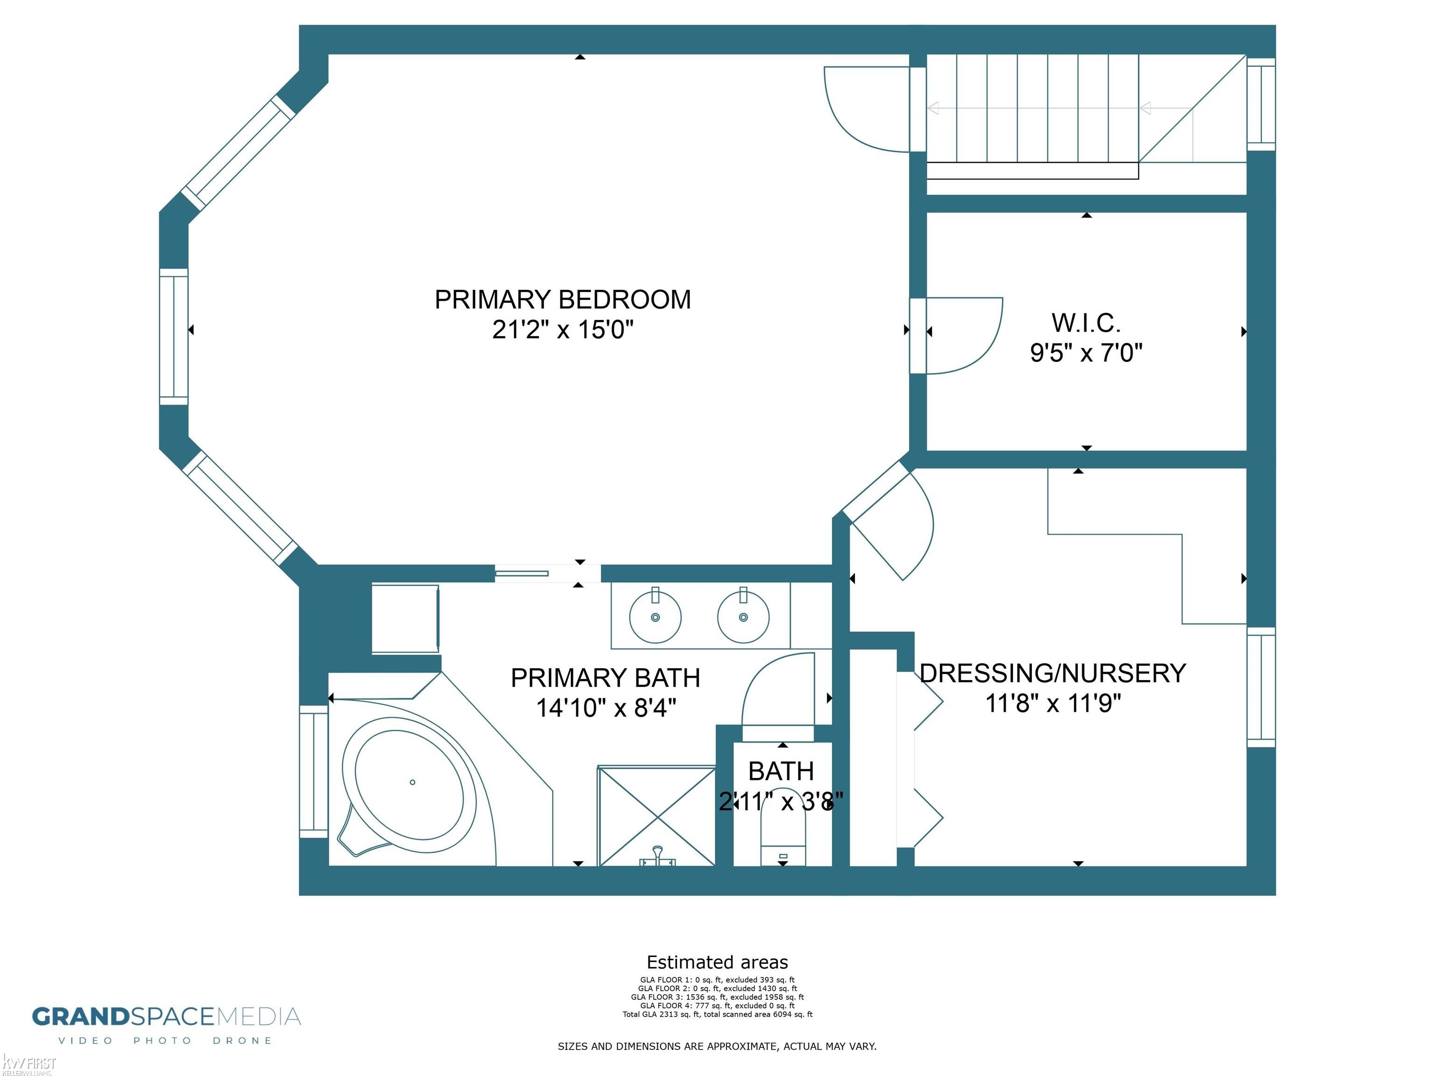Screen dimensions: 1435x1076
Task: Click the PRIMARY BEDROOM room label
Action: (562, 300)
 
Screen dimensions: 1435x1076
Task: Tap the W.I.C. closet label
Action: (1086, 322)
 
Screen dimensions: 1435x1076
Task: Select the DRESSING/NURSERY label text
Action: (1053, 673)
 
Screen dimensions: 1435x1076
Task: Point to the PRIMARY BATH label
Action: (605, 678)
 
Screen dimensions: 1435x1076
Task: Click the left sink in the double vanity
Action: (655, 616)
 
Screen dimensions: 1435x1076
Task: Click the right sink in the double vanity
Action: (744, 616)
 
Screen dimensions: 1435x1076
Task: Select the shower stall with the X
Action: (656, 816)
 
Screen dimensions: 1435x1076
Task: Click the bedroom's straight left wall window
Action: (174, 337)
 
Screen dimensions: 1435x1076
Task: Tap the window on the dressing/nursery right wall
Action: (1261, 687)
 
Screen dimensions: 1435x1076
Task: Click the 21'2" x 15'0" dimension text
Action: (562, 330)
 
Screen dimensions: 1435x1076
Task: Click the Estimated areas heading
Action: (717, 962)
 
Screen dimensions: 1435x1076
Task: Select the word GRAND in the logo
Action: (81, 1016)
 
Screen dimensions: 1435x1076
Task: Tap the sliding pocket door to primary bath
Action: (522, 573)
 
